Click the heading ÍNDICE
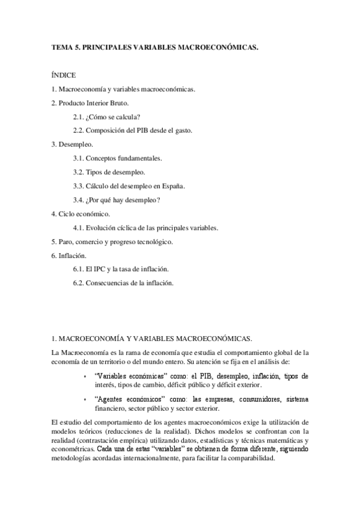pos(64,75)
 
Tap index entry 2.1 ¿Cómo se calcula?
pos(111,117)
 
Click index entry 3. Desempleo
pos(72,144)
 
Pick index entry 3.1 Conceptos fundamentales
pos(117,158)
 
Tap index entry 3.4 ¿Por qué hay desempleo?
pos(120,200)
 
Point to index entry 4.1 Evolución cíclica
pos(145,228)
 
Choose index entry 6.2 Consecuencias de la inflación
pos(123,283)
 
